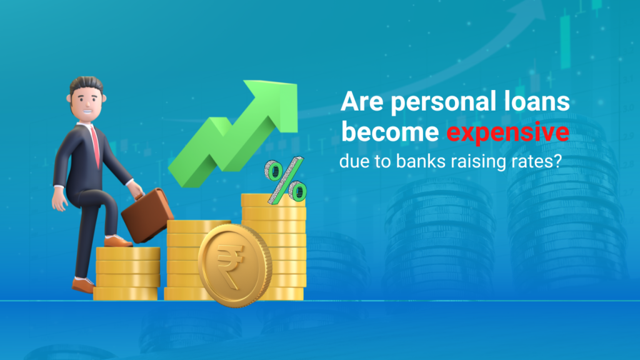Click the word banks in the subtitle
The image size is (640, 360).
pos(411,161)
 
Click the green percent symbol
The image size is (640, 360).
pos(285,182)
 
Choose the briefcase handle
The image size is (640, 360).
pos(139,190)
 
